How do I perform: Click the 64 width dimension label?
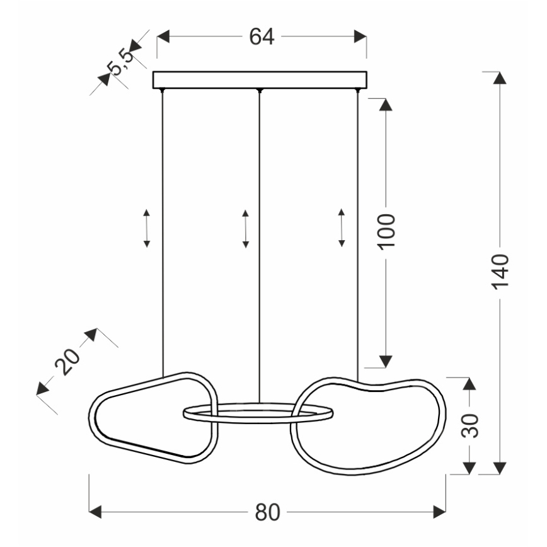262,37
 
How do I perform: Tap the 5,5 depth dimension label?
120,62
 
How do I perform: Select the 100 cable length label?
386,232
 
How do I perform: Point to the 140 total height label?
500,272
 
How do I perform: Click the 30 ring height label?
470,425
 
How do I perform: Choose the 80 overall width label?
268,512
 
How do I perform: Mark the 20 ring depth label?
67,362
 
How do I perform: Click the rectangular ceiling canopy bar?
260,80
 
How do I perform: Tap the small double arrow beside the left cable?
146,229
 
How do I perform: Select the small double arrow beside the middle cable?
246,229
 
